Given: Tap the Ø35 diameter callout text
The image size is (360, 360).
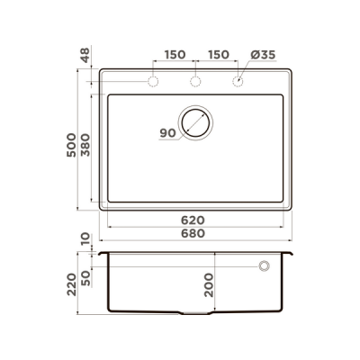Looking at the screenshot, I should point(263,55).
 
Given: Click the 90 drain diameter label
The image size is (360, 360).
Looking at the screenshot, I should point(167,133).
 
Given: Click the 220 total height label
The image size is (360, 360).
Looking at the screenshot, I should point(73,286).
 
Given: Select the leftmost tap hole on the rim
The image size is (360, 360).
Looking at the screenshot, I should point(153,83).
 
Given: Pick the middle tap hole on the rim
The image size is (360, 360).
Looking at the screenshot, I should point(195,83).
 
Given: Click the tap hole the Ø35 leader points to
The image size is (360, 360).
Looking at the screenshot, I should point(238,83).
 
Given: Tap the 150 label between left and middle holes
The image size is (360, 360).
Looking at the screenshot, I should point(175,55).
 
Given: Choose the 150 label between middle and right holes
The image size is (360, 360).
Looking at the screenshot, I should point(218,55).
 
